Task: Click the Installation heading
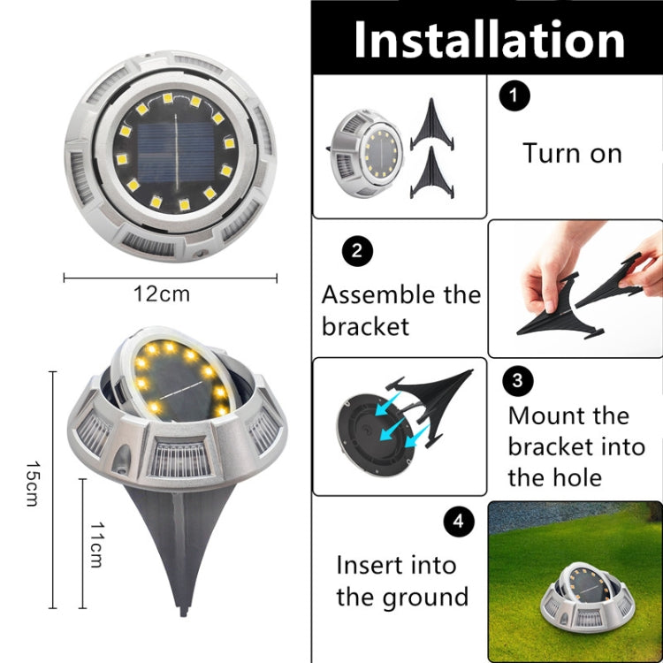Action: (x=489, y=40)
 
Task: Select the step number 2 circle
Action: (x=356, y=250)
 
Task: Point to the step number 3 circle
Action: (x=517, y=380)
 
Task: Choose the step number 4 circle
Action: (x=457, y=522)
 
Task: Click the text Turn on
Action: (x=572, y=153)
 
